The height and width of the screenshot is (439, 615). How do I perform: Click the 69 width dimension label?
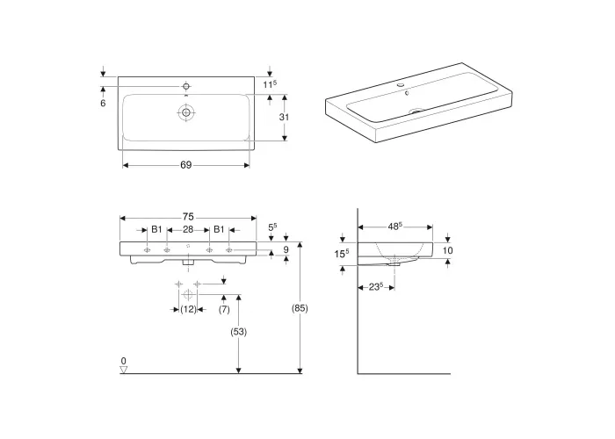click(186, 165)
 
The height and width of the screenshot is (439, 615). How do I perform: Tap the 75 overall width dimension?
click(188, 217)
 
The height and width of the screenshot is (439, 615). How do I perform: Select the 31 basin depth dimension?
click(284, 117)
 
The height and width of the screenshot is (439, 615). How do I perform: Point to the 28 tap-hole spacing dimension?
click(188, 229)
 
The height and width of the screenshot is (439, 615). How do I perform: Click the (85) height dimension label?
click(300, 308)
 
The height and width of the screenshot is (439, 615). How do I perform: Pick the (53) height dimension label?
click(238, 332)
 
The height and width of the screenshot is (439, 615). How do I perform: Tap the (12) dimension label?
click(188, 309)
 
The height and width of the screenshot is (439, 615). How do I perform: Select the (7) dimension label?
click(224, 309)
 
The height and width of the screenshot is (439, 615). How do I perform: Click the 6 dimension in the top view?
click(103, 103)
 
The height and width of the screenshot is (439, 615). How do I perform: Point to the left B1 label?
click(156, 229)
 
